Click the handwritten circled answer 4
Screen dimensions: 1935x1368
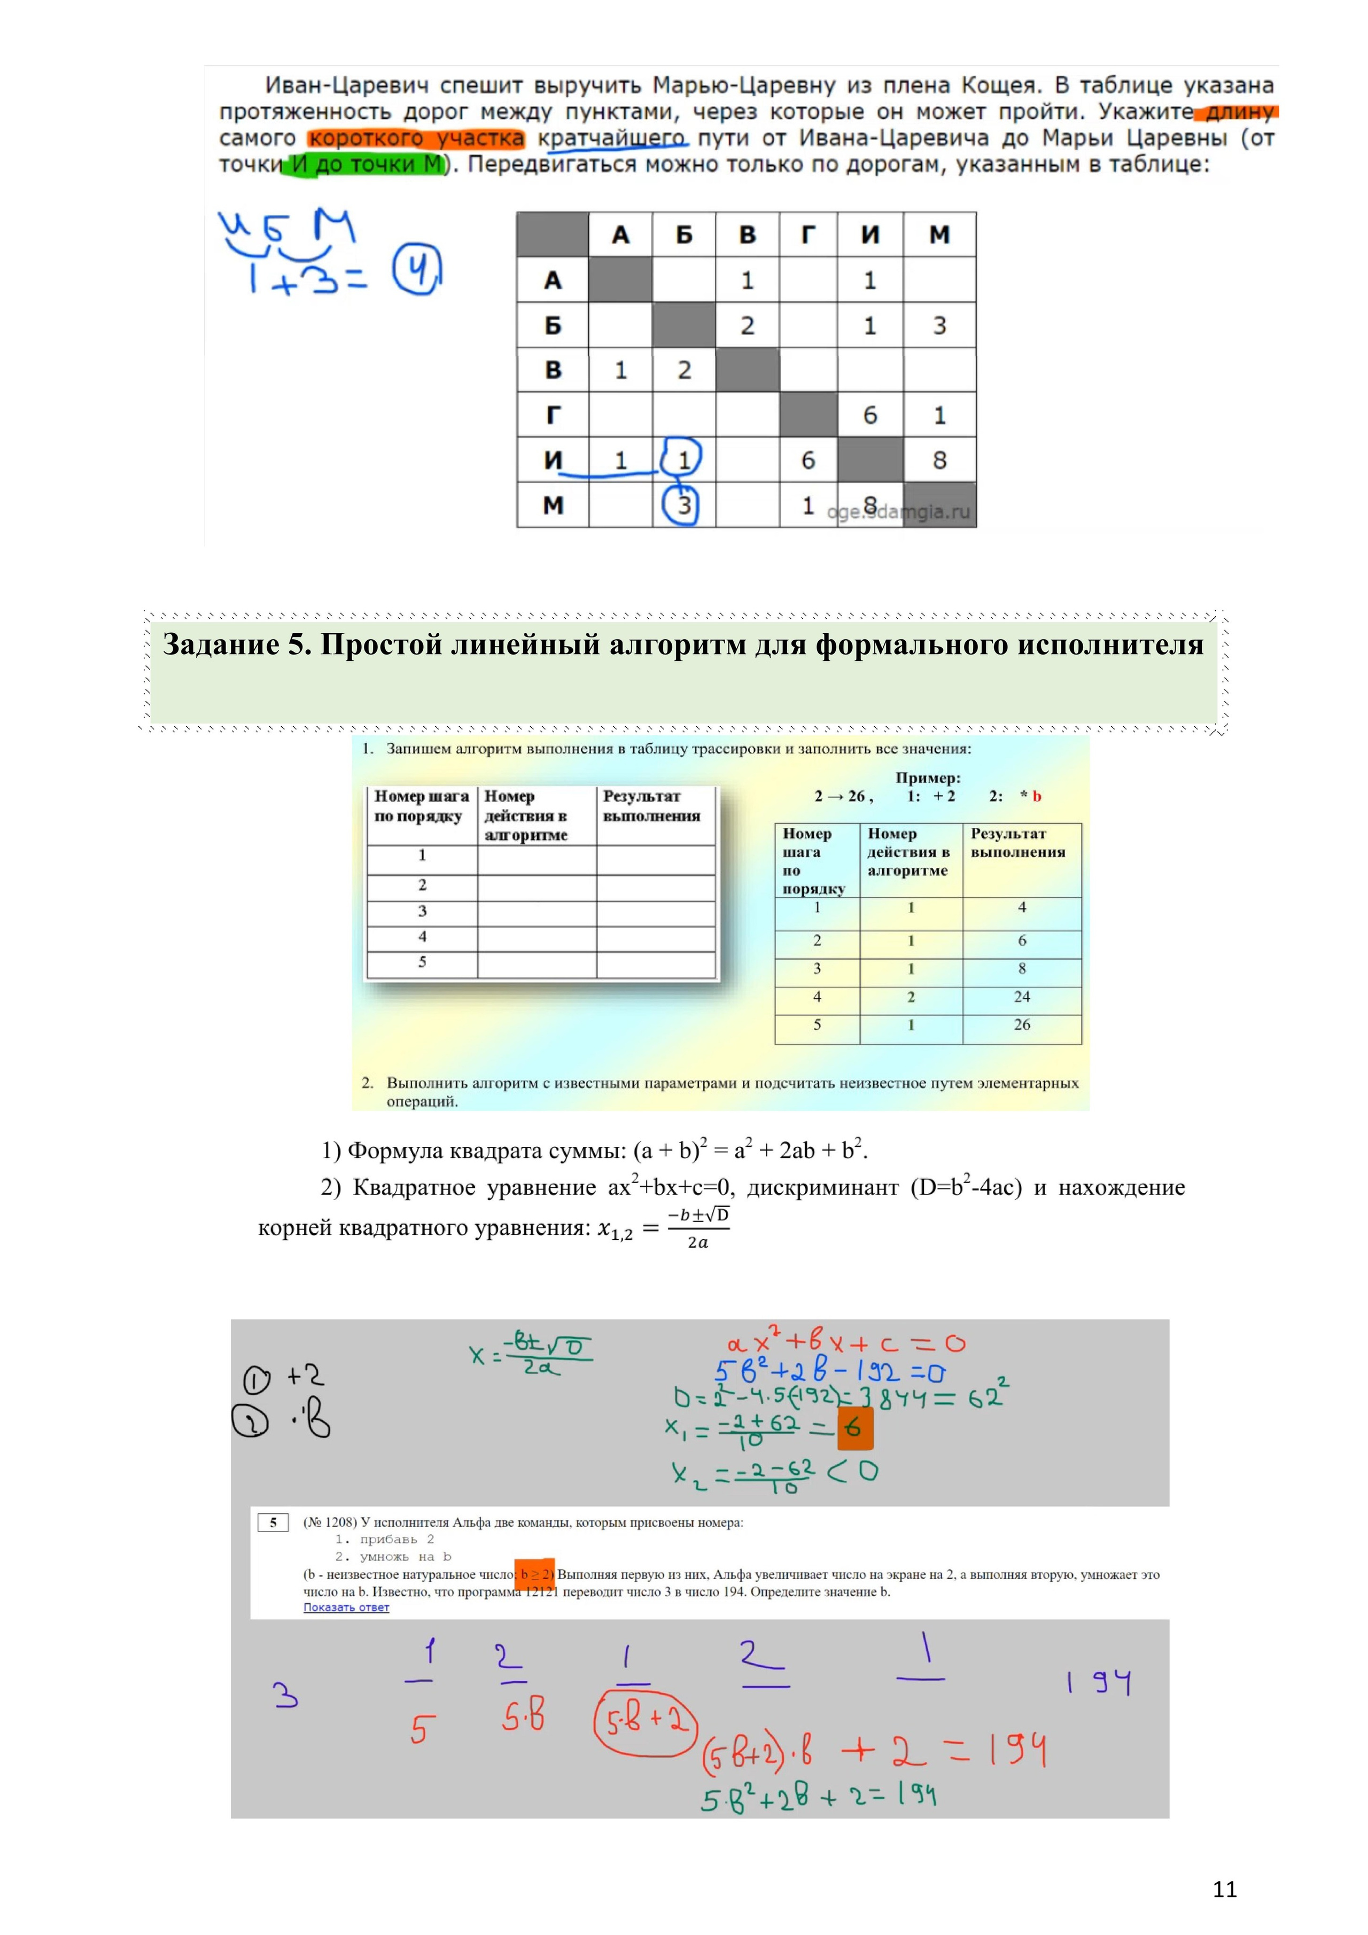pyautogui.click(x=416, y=270)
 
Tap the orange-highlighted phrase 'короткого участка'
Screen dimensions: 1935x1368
pyautogui.click(x=416, y=138)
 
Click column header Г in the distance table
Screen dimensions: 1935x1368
pyautogui.click(x=807, y=235)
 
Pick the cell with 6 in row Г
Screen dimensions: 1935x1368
pyautogui.click(x=870, y=415)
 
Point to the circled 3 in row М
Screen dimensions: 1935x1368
pyautogui.click(x=683, y=505)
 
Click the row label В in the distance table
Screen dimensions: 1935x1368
pyautogui.click(x=553, y=370)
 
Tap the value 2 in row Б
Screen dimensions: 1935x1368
pyautogui.click(x=747, y=325)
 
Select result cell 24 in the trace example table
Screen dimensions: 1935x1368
pyautogui.click(x=1022, y=997)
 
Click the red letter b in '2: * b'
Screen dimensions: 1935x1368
pyautogui.click(x=1037, y=796)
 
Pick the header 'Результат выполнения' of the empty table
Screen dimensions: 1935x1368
pyautogui.click(x=651, y=806)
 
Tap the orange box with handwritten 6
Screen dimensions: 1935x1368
pyautogui.click(x=854, y=1428)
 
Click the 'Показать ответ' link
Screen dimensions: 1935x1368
pyautogui.click(x=346, y=1607)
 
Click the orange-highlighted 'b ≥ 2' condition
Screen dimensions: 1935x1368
pyautogui.click(x=535, y=1574)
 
